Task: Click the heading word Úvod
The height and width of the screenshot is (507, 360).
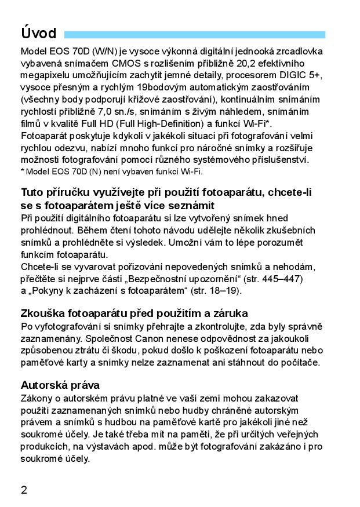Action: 38,33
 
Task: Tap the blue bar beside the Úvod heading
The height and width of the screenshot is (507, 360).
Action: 195,35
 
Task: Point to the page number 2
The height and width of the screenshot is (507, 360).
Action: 24,490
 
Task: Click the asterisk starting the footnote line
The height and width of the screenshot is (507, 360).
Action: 22,172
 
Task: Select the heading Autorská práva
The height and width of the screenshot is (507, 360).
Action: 60,385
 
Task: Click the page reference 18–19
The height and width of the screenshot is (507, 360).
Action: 221,291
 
